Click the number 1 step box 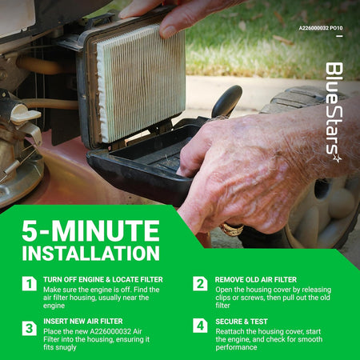click(x=30, y=283)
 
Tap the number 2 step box click(x=200, y=283)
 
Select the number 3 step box click(x=30, y=328)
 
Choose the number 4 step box click(x=200, y=326)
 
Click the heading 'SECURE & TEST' click(x=242, y=322)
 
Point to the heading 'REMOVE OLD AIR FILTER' click(x=256, y=280)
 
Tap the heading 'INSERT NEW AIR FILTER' click(x=83, y=322)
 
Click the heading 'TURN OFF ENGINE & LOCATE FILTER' click(x=103, y=279)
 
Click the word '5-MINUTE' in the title click(x=90, y=230)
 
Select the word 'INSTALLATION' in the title click(x=91, y=253)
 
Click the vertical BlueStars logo click(x=334, y=112)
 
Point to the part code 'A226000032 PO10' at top click(x=321, y=28)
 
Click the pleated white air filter click(x=140, y=82)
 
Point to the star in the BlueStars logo click(x=338, y=158)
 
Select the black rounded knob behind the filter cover click(x=226, y=101)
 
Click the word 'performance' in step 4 click(x=236, y=347)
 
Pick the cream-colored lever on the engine click(x=26, y=114)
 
